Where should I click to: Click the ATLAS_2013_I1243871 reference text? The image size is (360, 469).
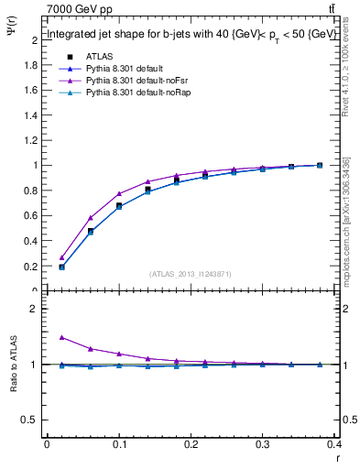click(190, 274)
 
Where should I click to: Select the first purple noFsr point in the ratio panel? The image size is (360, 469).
click(61, 337)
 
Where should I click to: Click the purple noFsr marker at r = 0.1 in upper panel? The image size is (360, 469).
click(119, 193)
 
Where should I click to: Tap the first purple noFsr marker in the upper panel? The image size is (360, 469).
click(61, 257)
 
